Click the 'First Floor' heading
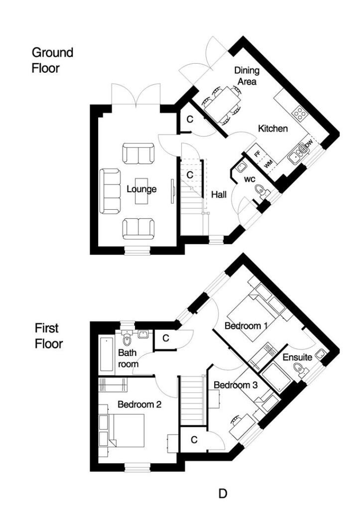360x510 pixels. point(48,336)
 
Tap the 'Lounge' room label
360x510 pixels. point(141,189)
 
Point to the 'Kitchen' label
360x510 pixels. point(273,129)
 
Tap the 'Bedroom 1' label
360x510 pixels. point(246,326)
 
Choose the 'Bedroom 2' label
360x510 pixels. point(139,404)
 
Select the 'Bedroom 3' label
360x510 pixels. point(236,385)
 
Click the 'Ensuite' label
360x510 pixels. point(298,357)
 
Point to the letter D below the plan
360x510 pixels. point(224,494)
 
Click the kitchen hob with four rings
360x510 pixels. point(300,114)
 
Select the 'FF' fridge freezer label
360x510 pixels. point(257,153)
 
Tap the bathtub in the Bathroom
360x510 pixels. point(106,354)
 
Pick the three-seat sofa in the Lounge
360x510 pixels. point(111,190)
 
